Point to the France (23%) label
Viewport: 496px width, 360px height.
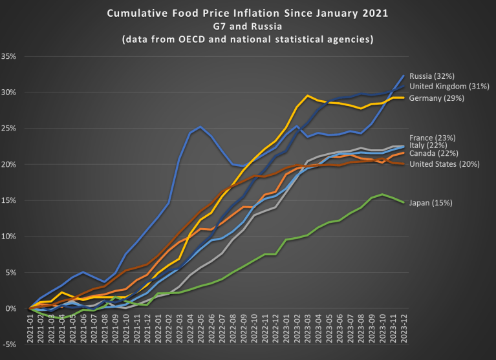pyautogui.click(x=432, y=138)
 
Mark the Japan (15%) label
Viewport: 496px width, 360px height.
pyautogui.click(x=431, y=203)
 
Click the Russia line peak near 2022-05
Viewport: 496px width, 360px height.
pyautogui.click(x=201, y=127)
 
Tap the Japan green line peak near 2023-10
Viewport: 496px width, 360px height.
pyautogui.click(x=383, y=195)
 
